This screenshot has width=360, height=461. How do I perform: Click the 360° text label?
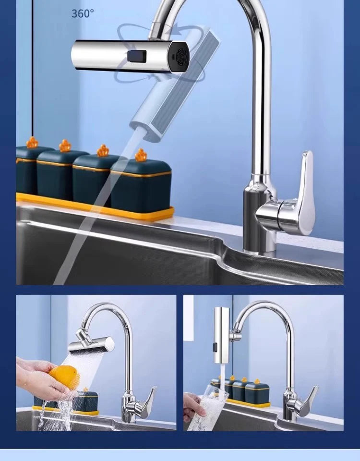83,13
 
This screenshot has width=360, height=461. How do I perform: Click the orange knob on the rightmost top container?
141,155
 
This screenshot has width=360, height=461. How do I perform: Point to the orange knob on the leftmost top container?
32,143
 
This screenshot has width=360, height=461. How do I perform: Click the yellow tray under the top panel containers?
96,206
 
